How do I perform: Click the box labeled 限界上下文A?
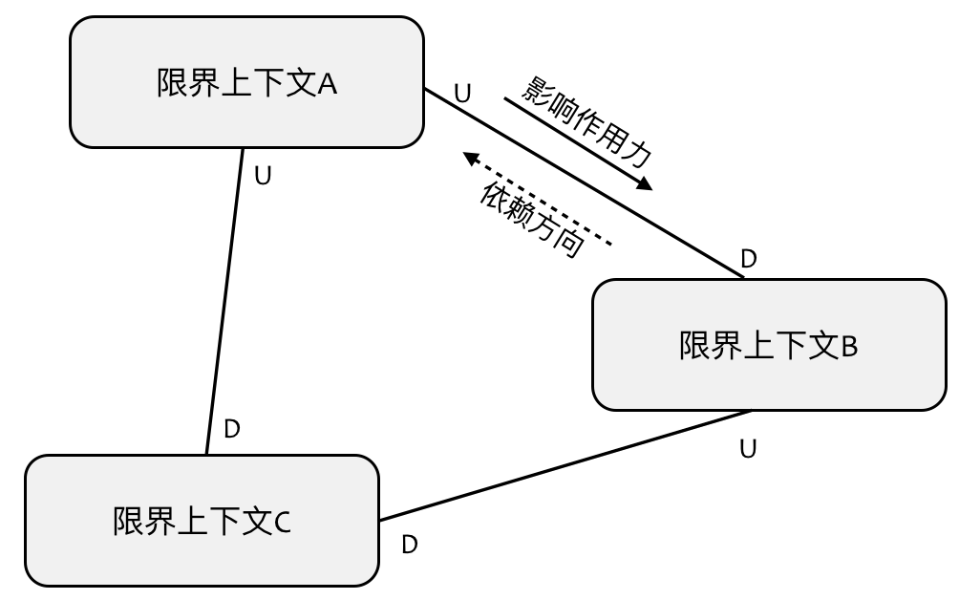coord(246,83)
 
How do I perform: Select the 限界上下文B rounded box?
coord(769,345)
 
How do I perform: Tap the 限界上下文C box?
coord(201,521)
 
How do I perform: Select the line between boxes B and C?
coord(564,466)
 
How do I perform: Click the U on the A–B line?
coord(462,94)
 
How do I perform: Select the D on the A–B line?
coord(749,259)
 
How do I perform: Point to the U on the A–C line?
coord(265,176)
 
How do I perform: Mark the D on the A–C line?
coord(231,429)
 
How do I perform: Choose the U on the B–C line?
coord(749,449)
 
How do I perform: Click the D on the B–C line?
coord(410,545)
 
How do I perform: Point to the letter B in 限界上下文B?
coord(849,346)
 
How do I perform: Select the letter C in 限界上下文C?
coord(282,522)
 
